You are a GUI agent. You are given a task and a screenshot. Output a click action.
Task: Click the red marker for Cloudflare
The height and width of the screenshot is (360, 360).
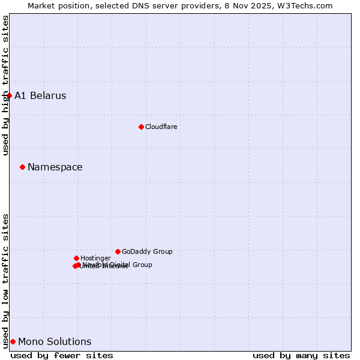coord(141,127)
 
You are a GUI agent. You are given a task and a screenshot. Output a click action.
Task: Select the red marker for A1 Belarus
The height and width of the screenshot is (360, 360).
coord(9,95)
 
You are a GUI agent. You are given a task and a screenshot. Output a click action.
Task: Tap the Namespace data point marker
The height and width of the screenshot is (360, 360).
coord(22,167)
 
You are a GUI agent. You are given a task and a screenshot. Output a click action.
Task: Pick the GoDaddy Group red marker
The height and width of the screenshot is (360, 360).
coord(118,251)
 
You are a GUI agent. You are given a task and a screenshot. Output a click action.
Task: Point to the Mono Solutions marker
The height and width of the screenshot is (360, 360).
coord(13,341)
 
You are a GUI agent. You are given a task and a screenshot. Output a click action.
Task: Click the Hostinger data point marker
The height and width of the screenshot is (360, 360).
coord(76,258)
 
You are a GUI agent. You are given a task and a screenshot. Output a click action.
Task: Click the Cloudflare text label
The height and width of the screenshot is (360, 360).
coord(161,127)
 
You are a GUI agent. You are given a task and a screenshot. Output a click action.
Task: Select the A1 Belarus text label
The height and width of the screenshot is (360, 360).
coord(40,96)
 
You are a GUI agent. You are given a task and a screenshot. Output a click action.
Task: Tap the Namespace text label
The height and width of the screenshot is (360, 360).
coord(55,167)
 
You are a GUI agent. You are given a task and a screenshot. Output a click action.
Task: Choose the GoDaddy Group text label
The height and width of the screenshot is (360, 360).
coord(147,251)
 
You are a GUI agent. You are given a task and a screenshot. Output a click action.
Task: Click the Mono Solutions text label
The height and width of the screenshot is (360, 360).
coord(55,342)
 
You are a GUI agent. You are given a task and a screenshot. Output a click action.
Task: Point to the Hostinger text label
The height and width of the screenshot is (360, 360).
coord(95,258)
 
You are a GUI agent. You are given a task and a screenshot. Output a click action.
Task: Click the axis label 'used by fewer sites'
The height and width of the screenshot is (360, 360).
coord(62,355)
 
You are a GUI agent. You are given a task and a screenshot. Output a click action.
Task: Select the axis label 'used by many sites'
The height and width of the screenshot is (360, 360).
coord(301,355)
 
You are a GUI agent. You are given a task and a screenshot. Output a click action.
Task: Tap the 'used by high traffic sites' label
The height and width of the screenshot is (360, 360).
coord(5,85)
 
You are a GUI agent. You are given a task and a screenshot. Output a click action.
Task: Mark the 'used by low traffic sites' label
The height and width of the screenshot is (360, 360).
coord(5,280)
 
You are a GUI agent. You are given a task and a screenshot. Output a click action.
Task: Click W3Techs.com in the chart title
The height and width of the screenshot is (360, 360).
coord(307,5)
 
